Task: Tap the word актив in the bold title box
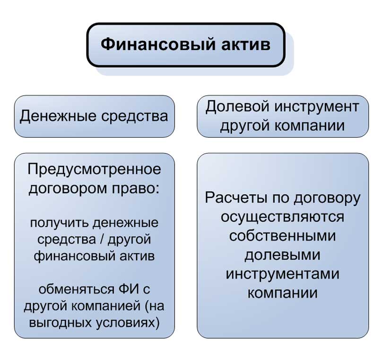click(246, 44)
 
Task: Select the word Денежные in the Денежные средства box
click(58, 116)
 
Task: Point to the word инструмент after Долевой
click(317, 107)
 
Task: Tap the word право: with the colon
click(136, 189)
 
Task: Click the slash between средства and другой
click(102, 239)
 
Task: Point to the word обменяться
click(77, 289)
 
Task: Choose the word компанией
click(106, 306)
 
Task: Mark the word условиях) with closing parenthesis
click(128, 323)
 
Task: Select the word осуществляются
click(283, 217)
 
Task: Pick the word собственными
click(283, 236)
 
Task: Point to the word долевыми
click(283, 255)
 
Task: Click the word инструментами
click(283, 274)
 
